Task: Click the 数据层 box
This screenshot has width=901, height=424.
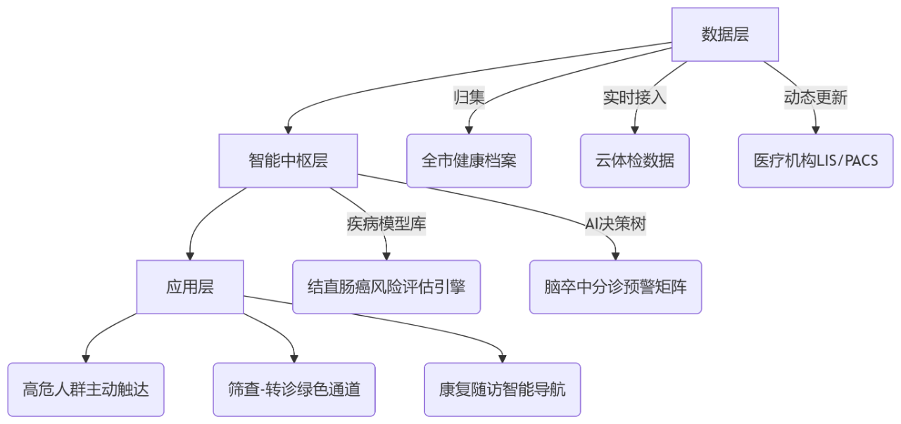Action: pos(724,34)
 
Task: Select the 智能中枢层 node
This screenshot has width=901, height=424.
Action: pos(288,161)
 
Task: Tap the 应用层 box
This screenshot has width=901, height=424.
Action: pos(190,287)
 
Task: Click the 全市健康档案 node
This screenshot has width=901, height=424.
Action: pos(469,161)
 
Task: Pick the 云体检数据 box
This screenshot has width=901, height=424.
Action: pos(634,161)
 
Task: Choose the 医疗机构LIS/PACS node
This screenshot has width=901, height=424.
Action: pos(815,161)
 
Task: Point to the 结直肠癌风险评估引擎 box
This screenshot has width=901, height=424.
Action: pos(386,287)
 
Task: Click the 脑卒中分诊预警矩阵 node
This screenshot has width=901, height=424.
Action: pos(615,287)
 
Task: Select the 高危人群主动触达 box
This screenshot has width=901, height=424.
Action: pos(86,390)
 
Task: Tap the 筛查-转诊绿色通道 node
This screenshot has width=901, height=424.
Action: pos(294,390)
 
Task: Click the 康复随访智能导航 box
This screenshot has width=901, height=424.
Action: pos(502,390)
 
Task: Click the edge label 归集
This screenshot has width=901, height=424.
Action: pos(469,98)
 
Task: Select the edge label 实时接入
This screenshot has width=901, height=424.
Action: pos(634,98)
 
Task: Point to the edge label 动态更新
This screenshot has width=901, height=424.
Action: pos(815,98)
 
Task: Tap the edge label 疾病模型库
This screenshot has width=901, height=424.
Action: pos(386,224)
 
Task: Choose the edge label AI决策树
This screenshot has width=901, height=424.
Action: pos(615,224)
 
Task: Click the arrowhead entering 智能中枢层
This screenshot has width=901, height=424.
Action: pos(288,130)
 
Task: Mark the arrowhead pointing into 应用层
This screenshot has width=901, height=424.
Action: pos(190,256)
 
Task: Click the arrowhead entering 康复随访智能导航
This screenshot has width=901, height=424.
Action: pos(502,359)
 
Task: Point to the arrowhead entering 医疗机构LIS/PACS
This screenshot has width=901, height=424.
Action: pos(816,130)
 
